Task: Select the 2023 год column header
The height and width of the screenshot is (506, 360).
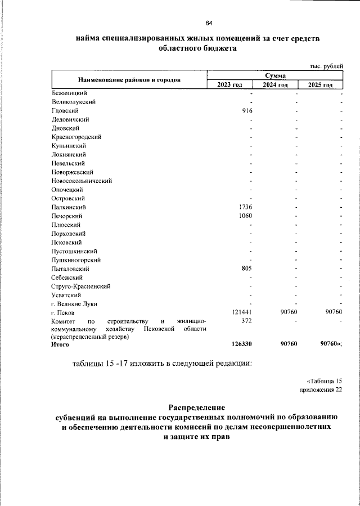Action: coord(229,84)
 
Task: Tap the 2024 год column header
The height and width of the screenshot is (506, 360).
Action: coord(275,84)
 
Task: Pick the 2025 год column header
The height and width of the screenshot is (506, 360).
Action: coord(320,84)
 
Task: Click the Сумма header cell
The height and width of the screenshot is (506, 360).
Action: coord(275,75)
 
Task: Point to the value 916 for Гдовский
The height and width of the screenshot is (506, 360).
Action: coord(246,110)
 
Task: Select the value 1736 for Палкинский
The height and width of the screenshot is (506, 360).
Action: coord(245,207)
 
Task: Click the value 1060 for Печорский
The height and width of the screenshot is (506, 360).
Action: coord(245,216)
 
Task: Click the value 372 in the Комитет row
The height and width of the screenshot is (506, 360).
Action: coord(246,321)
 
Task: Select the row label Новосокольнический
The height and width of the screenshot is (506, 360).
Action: coord(82,181)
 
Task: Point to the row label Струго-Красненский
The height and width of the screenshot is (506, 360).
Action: coord(80,286)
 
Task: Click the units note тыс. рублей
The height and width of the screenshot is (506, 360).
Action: coord(325,65)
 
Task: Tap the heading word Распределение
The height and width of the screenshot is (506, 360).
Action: coord(197,407)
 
